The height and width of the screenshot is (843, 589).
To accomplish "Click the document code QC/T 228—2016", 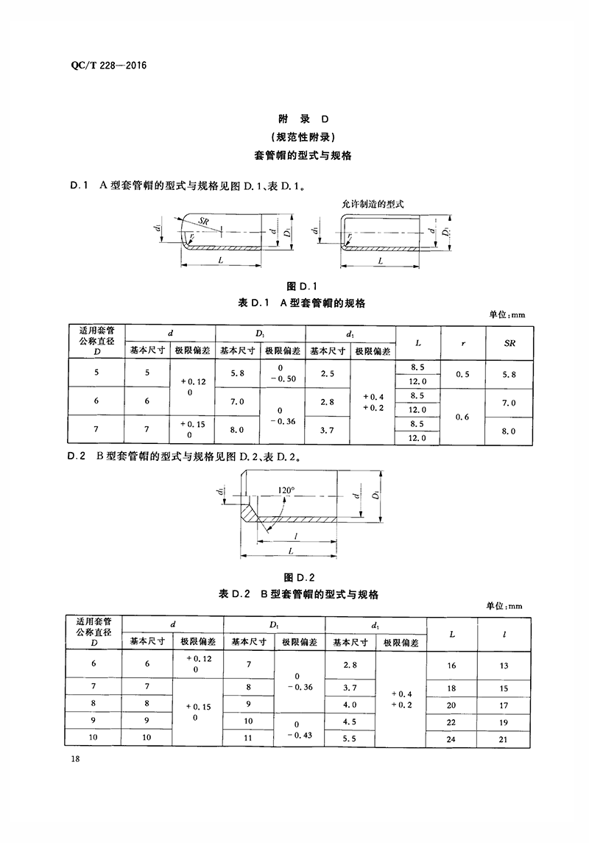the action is [108, 66].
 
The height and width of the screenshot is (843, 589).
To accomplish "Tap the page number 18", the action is [74, 758].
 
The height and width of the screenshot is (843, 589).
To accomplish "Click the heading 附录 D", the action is [303, 119].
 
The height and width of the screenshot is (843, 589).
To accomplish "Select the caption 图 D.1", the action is [301, 286].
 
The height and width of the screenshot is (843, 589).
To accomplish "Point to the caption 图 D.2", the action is [299, 577].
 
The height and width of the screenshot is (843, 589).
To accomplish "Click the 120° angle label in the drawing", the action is [286, 490].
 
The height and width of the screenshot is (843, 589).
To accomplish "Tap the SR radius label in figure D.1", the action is [203, 221].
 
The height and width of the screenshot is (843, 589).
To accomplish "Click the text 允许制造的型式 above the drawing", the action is [373, 204].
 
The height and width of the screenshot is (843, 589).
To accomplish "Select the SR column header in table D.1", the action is [509, 343].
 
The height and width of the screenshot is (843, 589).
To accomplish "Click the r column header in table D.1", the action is [463, 344].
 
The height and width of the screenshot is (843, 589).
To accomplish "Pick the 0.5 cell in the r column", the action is [462, 374].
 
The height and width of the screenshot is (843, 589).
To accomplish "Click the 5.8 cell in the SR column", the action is [509, 374].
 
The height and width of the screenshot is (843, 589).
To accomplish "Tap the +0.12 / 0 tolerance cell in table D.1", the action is [193, 387].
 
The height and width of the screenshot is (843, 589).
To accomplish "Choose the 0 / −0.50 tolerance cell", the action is [283, 373].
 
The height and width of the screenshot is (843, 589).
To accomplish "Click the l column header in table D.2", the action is [504, 635].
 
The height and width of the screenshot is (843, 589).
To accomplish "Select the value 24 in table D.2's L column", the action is [451, 738].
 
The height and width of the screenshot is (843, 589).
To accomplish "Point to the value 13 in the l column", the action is [504, 666].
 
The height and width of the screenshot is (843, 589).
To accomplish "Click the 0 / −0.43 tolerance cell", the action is [299, 730].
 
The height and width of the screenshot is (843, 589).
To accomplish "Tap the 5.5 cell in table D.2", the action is [349, 738].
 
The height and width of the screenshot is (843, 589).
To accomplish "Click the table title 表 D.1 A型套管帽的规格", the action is [301, 303].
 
